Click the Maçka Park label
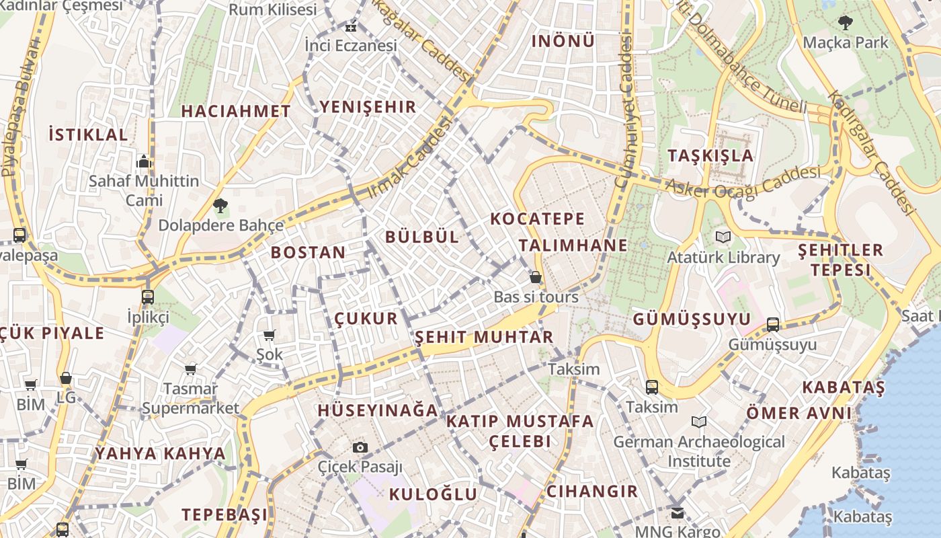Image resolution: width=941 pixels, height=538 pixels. click(846, 42)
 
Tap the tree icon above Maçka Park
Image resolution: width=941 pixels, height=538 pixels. click(846, 23)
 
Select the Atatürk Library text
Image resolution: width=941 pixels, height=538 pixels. click(723, 258)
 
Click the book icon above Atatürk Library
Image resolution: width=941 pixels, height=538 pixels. click(723, 237)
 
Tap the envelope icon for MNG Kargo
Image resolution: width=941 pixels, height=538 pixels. click(677, 512)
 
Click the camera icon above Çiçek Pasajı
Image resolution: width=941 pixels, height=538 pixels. click(360, 447)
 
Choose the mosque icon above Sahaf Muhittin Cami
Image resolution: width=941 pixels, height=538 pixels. click(144, 161)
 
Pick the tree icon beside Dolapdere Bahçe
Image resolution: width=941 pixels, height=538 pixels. click(219, 206)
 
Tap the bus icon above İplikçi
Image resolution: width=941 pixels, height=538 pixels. click(148, 297)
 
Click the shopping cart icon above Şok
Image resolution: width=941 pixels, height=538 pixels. click(270, 335)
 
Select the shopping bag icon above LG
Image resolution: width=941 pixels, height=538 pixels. click(66, 379)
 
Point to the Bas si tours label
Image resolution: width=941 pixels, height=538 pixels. click(536, 297)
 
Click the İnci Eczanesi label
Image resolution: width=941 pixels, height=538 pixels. click(351, 46)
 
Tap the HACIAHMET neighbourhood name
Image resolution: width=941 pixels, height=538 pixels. click(236, 112)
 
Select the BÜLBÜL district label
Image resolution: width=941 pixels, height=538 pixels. click(422, 237)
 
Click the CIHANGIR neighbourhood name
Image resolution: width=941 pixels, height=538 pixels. click(592, 491)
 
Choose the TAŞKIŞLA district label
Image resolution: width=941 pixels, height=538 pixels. click(710, 155)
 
